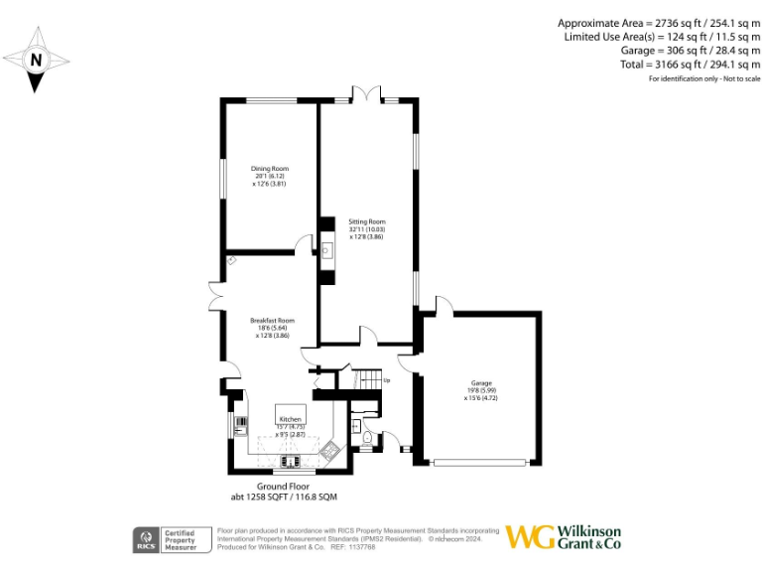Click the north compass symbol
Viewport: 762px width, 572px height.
click(36, 59)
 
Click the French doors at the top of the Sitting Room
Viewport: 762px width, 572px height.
click(367, 93)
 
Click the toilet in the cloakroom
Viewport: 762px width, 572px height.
click(367, 439)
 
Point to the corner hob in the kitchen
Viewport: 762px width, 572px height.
click(331, 452)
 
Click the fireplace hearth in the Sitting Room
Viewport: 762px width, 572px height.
click(326, 250)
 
